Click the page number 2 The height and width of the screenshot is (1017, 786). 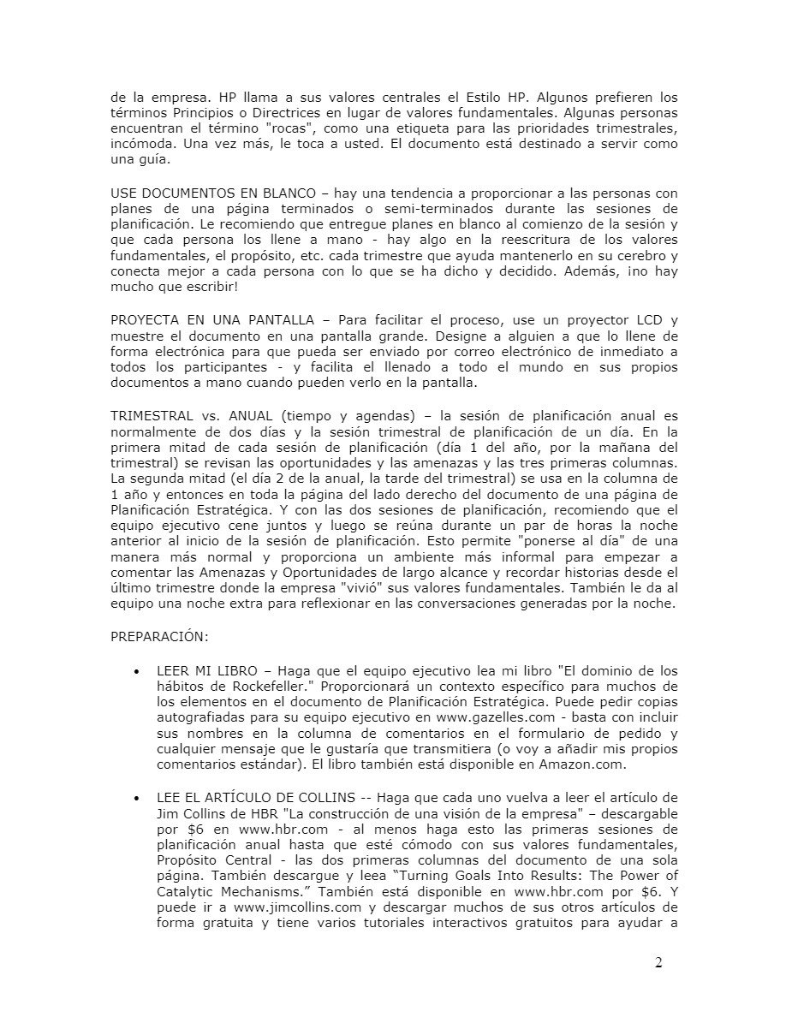tap(658, 963)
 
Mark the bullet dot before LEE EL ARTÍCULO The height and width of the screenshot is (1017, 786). tap(137, 798)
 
